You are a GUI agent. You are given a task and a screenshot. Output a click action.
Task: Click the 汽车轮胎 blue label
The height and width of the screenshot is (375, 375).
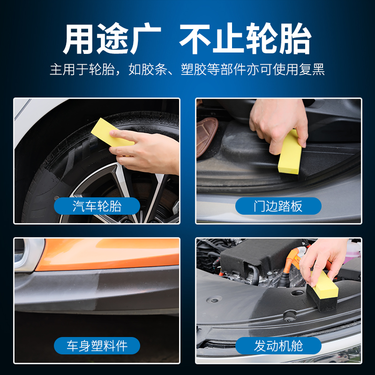click(x=97, y=206)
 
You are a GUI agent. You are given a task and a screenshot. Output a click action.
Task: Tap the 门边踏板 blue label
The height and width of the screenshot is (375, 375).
click(x=278, y=206)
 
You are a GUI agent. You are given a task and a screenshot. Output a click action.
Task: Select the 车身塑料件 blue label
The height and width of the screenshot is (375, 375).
click(x=97, y=345)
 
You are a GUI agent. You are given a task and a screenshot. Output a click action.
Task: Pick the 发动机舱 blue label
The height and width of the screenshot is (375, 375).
click(x=278, y=345)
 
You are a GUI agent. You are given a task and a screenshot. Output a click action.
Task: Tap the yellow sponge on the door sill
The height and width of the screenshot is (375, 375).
click(x=290, y=153)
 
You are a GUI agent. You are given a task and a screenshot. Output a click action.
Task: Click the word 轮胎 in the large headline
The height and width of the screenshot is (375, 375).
click(x=278, y=38)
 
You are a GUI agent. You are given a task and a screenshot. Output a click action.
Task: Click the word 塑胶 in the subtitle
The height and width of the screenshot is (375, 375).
click(x=194, y=69)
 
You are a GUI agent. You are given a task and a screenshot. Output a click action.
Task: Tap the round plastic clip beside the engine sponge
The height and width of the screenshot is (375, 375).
click(x=290, y=316)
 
